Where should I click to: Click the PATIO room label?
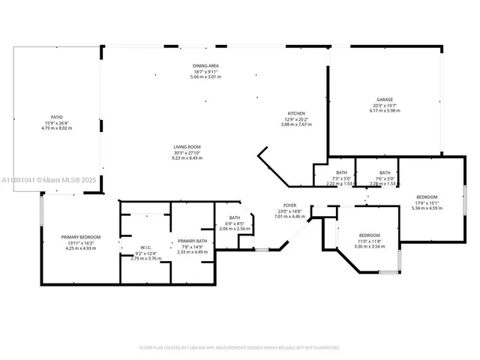(55, 118)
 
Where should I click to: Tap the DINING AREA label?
(205, 67)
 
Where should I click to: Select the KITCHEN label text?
(296, 114)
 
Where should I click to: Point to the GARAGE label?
(385, 100)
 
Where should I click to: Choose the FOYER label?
(289, 205)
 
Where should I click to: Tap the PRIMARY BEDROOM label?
(80, 237)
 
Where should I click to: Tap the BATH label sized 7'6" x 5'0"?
(385, 173)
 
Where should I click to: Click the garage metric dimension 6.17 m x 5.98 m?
(385, 110)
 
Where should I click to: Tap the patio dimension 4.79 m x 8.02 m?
(55, 128)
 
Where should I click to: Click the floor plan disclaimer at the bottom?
(240, 347)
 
